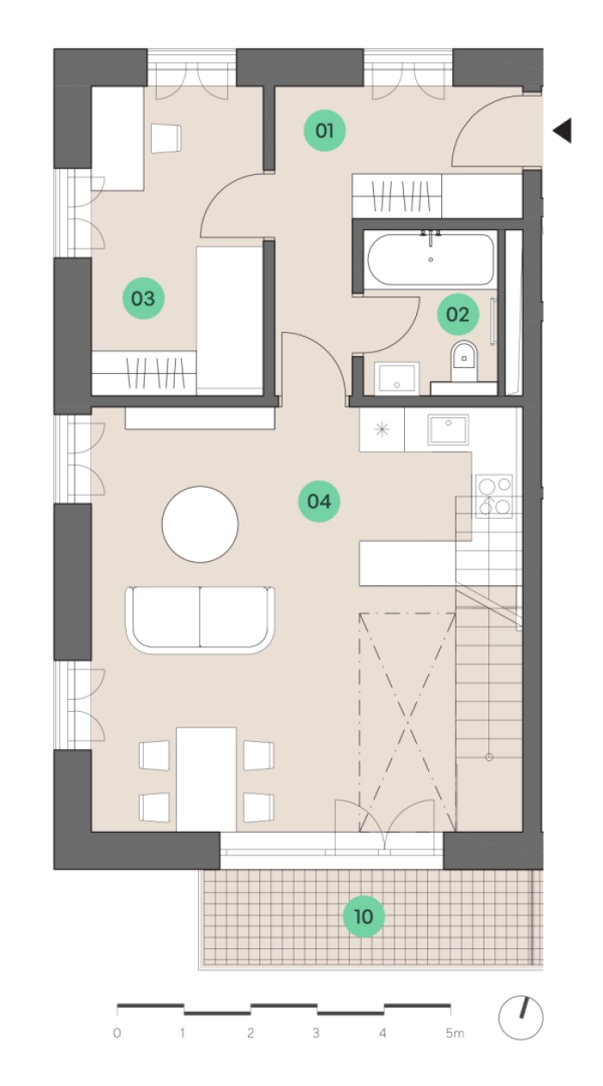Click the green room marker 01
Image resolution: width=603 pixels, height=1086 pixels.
pyautogui.click(x=324, y=130)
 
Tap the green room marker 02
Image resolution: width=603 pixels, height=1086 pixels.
pyautogui.click(x=458, y=314)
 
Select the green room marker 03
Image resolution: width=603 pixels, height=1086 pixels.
pyautogui.click(x=144, y=298)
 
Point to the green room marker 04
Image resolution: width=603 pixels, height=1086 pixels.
pyautogui.click(x=319, y=501)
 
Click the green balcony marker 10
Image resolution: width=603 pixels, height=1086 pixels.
pyautogui.click(x=364, y=917)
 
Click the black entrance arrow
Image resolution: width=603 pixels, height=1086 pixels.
pyautogui.click(x=563, y=130)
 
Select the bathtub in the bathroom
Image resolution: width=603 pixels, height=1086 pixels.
pyautogui.click(x=431, y=259)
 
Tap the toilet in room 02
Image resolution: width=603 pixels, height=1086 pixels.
pyautogui.click(x=464, y=361)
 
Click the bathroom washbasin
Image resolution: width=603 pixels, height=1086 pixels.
pyautogui.click(x=397, y=378)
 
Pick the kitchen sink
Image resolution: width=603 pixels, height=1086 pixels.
pyautogui.click(x=448, y=429)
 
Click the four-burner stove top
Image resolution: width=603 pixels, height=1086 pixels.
pyautogui.click(x=494, y=496)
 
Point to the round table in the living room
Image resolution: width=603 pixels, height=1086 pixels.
pyautogui.click(x=200, y=524)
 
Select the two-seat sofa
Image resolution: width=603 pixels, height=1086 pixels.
pyautogui.click(x=200, y=620)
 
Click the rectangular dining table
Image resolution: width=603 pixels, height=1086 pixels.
pyautogui.click(x=206, y=779)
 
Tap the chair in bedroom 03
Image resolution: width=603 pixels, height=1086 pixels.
pyautogui.click(x=165, y=139)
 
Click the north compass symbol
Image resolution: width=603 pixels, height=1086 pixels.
pyautogui.click(x=520, y=1018)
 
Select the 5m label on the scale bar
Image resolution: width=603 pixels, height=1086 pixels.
pyautogui.click(x=455, y=1033)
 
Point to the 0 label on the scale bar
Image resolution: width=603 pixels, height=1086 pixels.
pyautogui.click(x=117, y=1033)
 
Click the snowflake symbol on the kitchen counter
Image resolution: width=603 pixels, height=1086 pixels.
pyautogui.click(x=382, y=429)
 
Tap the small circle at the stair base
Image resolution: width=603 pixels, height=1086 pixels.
pyautogui.click(x=489, y=757)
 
